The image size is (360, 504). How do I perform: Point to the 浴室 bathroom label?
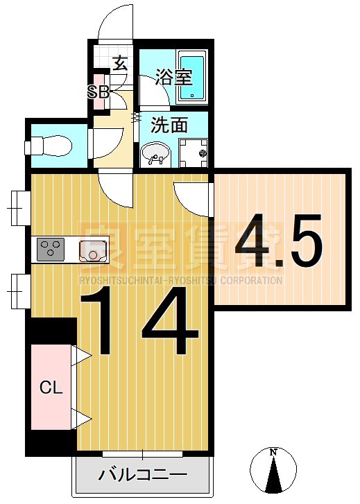pos(173,76)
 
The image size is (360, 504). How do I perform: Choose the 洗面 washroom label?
pos(169,125)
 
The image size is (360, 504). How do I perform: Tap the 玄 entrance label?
pos(119,64)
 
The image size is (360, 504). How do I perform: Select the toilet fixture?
pos(50,147)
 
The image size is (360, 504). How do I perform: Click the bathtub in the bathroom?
pos(191,77)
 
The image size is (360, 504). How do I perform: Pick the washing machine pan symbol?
pos(192,151)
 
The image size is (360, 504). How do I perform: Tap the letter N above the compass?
pos(274,452)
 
